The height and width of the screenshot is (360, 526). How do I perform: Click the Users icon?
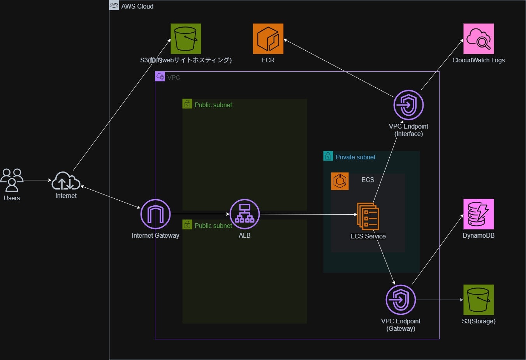point(12,180)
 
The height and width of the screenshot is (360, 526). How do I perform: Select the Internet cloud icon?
point(66,181)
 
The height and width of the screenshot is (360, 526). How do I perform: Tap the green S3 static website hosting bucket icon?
point(186,39)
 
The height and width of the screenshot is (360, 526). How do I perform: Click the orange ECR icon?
point(268,39)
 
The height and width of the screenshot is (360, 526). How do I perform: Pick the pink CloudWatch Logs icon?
point(479,39)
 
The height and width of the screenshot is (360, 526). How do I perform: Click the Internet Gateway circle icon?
point(155,214)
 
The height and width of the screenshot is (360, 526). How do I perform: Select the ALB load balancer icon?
point(245,214)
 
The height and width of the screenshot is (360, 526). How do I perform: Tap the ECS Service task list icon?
point(368,216)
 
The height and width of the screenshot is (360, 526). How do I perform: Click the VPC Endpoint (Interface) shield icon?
point(408,105)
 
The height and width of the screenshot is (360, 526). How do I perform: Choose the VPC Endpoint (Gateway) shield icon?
point(401,300)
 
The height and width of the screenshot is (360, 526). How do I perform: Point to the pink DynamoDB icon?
point(479,214)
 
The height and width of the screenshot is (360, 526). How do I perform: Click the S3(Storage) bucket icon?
point(479,300)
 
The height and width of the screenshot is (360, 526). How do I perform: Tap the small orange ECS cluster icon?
point(340,181)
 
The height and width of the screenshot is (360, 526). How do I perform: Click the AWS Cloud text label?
point(137,6)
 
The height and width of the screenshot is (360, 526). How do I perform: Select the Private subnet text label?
point(355,157)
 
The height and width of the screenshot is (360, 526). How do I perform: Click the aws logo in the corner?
point(114,5)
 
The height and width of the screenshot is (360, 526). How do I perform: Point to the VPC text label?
point(174,78)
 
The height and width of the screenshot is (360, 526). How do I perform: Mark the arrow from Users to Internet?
point(38,180)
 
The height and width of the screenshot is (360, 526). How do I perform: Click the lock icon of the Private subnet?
point(328,156)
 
